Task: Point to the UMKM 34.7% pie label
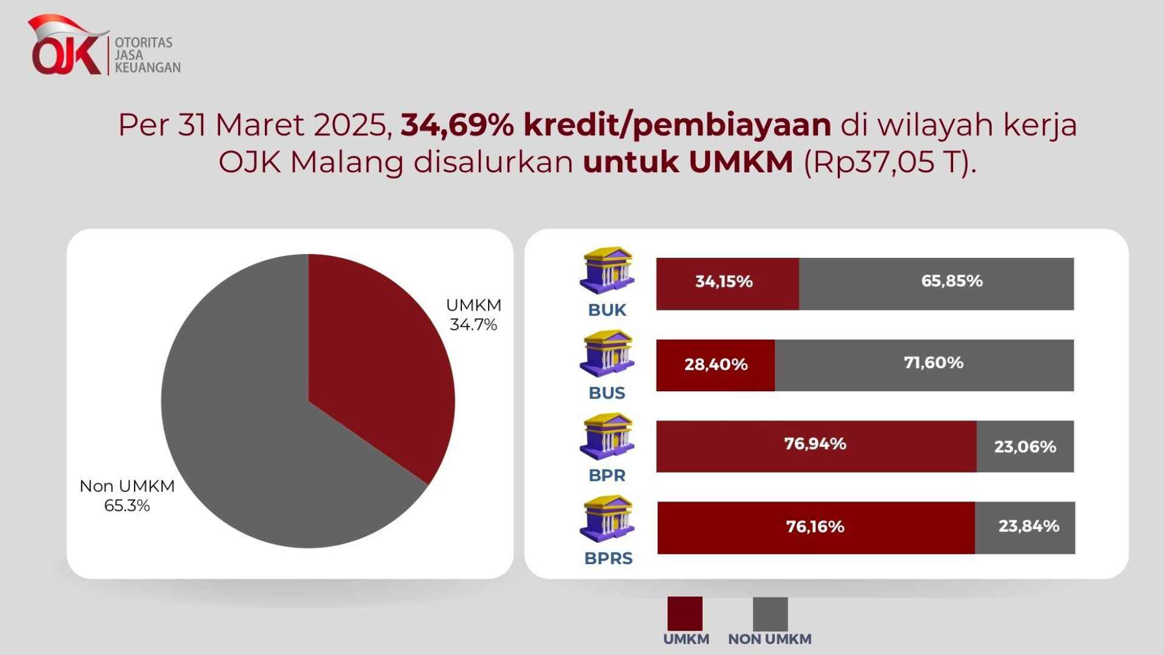pos(473,315)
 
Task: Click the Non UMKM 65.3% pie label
pos(127,495)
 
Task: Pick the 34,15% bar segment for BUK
pos(727,284)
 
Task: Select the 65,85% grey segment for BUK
pos(936,284)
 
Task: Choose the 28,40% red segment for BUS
pos(715,365)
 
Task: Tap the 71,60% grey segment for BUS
pos(924,365)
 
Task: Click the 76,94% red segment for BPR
pos(816,446)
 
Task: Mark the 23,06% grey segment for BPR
pos(1025,446)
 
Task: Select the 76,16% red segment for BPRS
pos(816,528)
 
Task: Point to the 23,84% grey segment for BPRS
pos(1025,528)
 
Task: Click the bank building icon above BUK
pos(607,271)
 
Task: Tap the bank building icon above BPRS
pos(607,520)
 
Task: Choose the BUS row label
pos(607,393)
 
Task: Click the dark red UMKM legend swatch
pos(685,614)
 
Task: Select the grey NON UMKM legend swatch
pos(771,614)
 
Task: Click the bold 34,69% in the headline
pos(458,125)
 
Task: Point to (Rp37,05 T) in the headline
pos(890,163)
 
